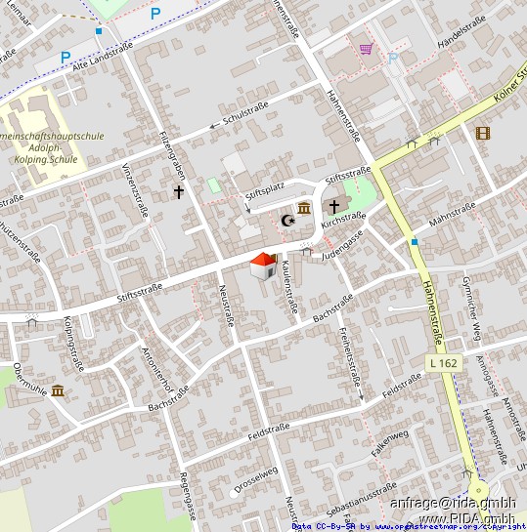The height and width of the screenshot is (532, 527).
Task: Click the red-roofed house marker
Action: click(x=263, y=265)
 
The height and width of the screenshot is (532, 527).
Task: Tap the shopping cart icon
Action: click(x=366, y=48)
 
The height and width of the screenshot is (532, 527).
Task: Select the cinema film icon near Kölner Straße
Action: click(x=482, y=133)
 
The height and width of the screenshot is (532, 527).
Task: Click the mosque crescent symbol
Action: click(x=287, y=222)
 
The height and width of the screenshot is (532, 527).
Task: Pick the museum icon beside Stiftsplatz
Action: click(x=303, y=209)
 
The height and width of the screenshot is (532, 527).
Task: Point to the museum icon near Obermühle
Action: click(x=58, y=390)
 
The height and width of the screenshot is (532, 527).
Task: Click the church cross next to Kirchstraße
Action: click(x=334, y=207)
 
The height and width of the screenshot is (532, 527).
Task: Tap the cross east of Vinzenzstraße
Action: click(x=179, y=192)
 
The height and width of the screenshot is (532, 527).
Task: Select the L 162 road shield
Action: click(x=443, y=363)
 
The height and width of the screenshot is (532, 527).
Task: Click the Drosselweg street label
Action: click(x=256, y=479)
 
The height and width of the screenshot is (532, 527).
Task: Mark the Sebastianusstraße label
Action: click(x=362, y=493)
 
